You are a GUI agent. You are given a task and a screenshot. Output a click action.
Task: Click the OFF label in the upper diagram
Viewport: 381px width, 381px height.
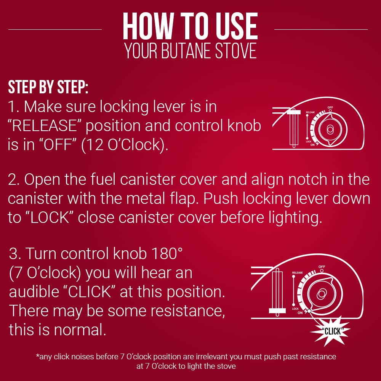pos(330,107)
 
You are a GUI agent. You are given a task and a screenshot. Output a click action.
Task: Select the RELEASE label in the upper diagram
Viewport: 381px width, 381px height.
pos(310,112)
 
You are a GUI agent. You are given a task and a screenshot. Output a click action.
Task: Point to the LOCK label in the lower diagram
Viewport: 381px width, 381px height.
pos(295,309)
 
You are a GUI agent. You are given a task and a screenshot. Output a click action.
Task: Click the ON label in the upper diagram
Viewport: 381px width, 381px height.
pos(312,145)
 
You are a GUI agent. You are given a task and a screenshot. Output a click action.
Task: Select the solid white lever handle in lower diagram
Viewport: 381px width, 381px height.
pos(277,311)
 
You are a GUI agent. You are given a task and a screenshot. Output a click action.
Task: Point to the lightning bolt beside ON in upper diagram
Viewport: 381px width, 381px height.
pos(317,144)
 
